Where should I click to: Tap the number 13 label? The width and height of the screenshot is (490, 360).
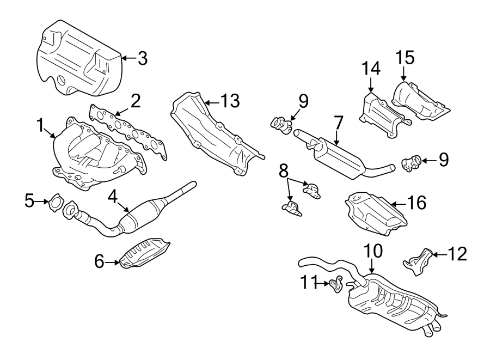click(230, 100)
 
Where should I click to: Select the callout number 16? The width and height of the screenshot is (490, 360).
click(416, 203)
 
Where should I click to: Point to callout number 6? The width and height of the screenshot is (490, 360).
click(99, 263)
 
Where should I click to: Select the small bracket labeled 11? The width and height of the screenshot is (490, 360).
click(337, 283)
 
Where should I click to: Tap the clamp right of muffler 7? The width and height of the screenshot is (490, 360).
click(411, 162)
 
